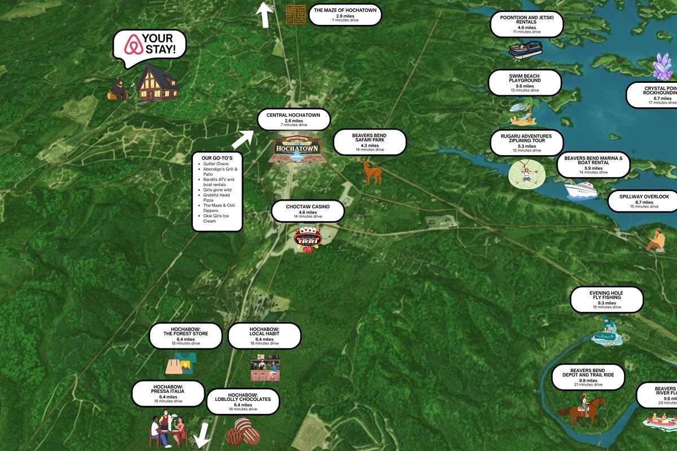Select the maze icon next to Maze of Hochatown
point(295,14)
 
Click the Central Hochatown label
point(293,119)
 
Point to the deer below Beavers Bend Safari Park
point(371,171)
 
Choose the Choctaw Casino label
point(307,211)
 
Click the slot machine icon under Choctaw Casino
point(307,239)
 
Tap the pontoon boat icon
point(525,49)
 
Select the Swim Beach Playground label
point(525,82)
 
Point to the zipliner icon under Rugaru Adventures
point(526,173)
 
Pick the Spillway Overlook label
point(644,200)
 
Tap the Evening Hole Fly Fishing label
point(606,299)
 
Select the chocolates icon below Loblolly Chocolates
point(243,433)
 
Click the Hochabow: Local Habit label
point(265,335)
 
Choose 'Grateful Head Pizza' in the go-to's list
point(217,197)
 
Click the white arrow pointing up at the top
point(263,15)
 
